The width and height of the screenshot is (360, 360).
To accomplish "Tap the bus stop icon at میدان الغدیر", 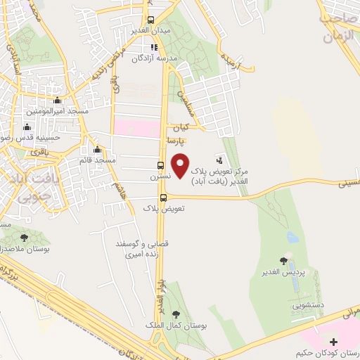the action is click(150, 20).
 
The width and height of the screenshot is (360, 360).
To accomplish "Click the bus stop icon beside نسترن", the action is click(160, 167).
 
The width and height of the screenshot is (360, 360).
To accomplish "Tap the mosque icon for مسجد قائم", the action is click(96, 150).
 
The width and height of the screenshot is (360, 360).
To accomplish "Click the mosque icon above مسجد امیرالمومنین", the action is click(57, 101).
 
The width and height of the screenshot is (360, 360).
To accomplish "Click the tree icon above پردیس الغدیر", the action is click(284, 262).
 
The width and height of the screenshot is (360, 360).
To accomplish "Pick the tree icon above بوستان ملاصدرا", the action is click(25, 238).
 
